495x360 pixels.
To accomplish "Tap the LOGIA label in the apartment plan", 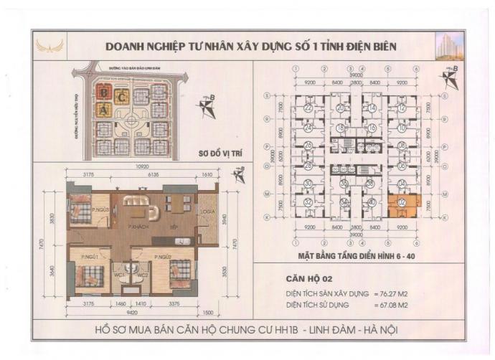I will tap(206, 212).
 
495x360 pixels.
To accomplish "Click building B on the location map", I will tap(105, 93).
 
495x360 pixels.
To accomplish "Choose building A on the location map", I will tap(105, 110).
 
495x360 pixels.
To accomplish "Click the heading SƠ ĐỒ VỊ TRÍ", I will tap(221, 153).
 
